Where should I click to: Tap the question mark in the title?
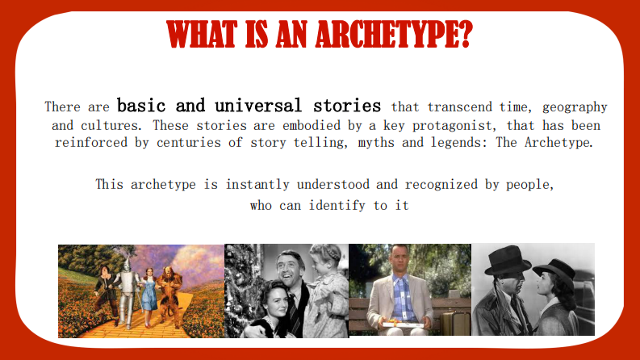[465, 35]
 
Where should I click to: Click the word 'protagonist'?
[461, 125]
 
